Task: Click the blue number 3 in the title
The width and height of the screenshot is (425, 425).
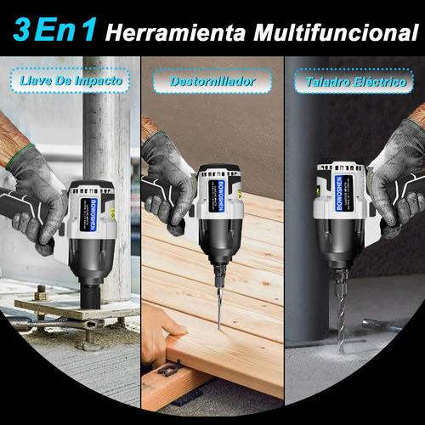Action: (x=21, y=30)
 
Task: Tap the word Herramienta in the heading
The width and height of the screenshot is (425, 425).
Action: (x=175, y=33)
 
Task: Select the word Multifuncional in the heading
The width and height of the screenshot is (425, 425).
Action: (x=336, y=32)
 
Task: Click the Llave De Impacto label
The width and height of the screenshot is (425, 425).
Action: (x=71, y=81)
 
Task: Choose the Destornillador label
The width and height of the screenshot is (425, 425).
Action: (x=212, y=82)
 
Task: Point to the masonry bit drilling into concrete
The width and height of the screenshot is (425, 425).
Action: (x=341, y=323)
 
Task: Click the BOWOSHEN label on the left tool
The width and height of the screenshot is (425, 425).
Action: (x=93, y=214)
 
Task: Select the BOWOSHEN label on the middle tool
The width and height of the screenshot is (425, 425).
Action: (x=220, y=195)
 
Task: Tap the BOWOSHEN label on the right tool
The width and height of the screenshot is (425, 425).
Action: (x=339, y=193)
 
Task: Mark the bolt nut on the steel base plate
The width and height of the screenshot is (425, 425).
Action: (x=42, y=293)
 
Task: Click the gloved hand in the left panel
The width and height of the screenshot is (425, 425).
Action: (x=36, y=198)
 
